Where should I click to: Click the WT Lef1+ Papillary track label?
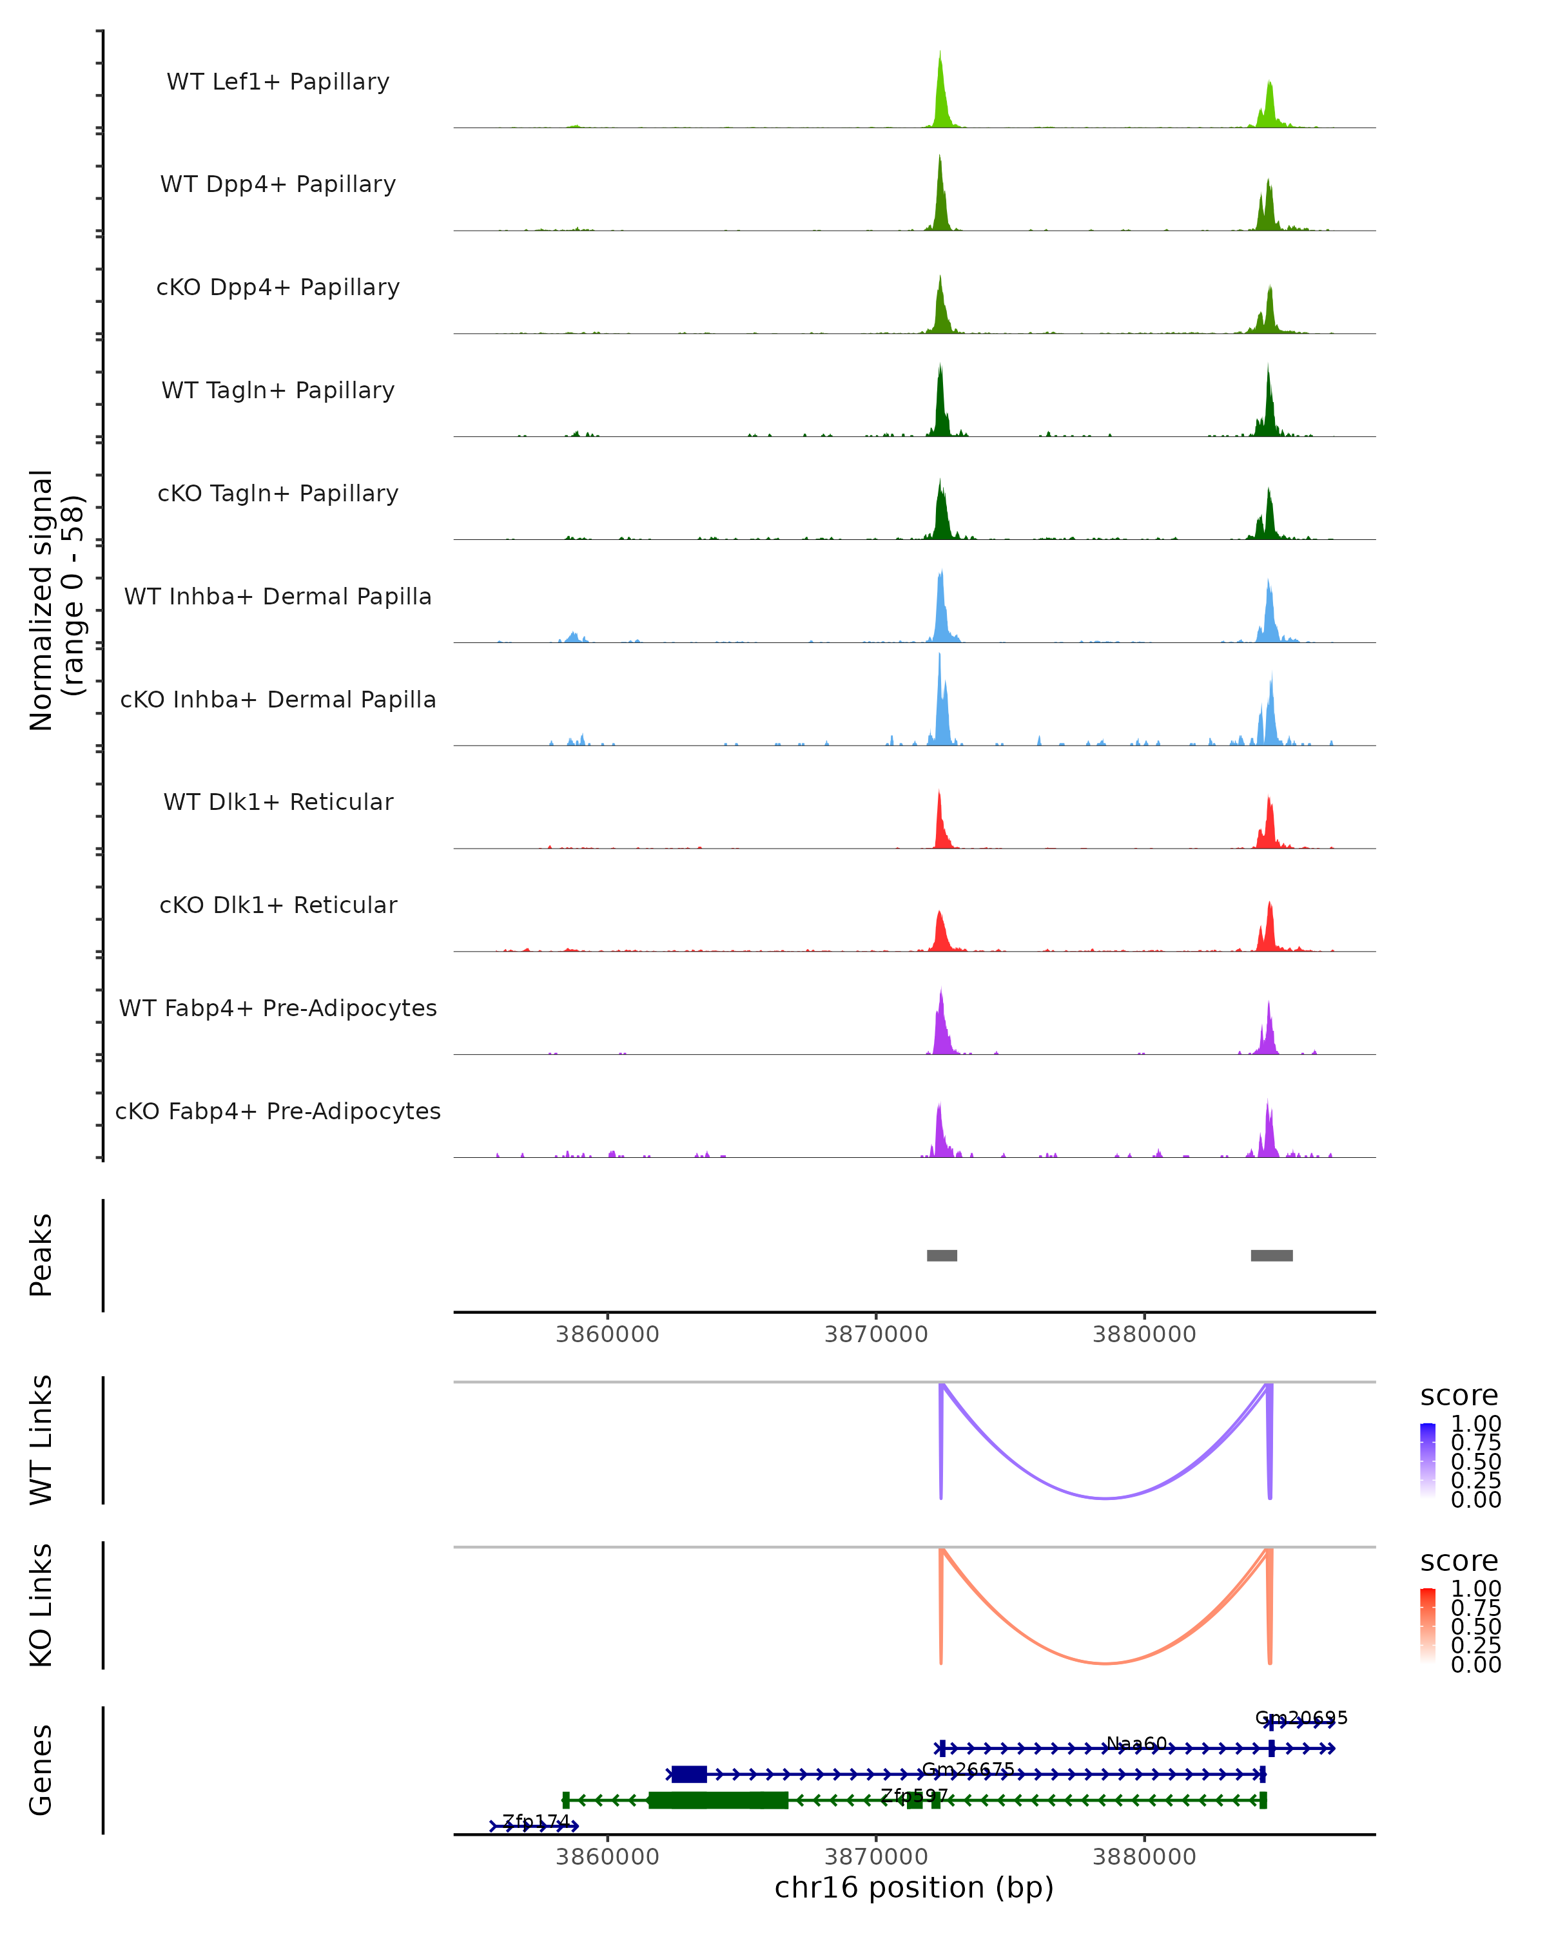278,82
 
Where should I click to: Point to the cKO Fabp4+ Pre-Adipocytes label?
278,1111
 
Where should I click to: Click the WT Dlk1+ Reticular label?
278,802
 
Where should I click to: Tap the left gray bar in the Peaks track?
942,1255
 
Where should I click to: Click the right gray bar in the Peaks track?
1272,1255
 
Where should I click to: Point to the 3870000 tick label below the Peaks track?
875,1334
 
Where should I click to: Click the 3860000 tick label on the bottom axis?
607,1856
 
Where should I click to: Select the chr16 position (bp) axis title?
914,1888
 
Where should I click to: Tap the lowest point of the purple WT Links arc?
1105,1498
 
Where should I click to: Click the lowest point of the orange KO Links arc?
1105,1663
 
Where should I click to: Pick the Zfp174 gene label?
536,1821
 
